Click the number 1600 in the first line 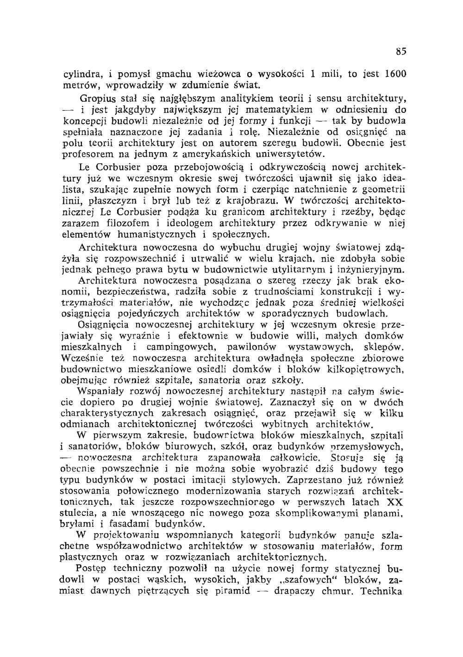[396, 74]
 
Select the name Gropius [95, 99]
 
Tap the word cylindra [80, 74]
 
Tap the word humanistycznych [157, 235]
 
